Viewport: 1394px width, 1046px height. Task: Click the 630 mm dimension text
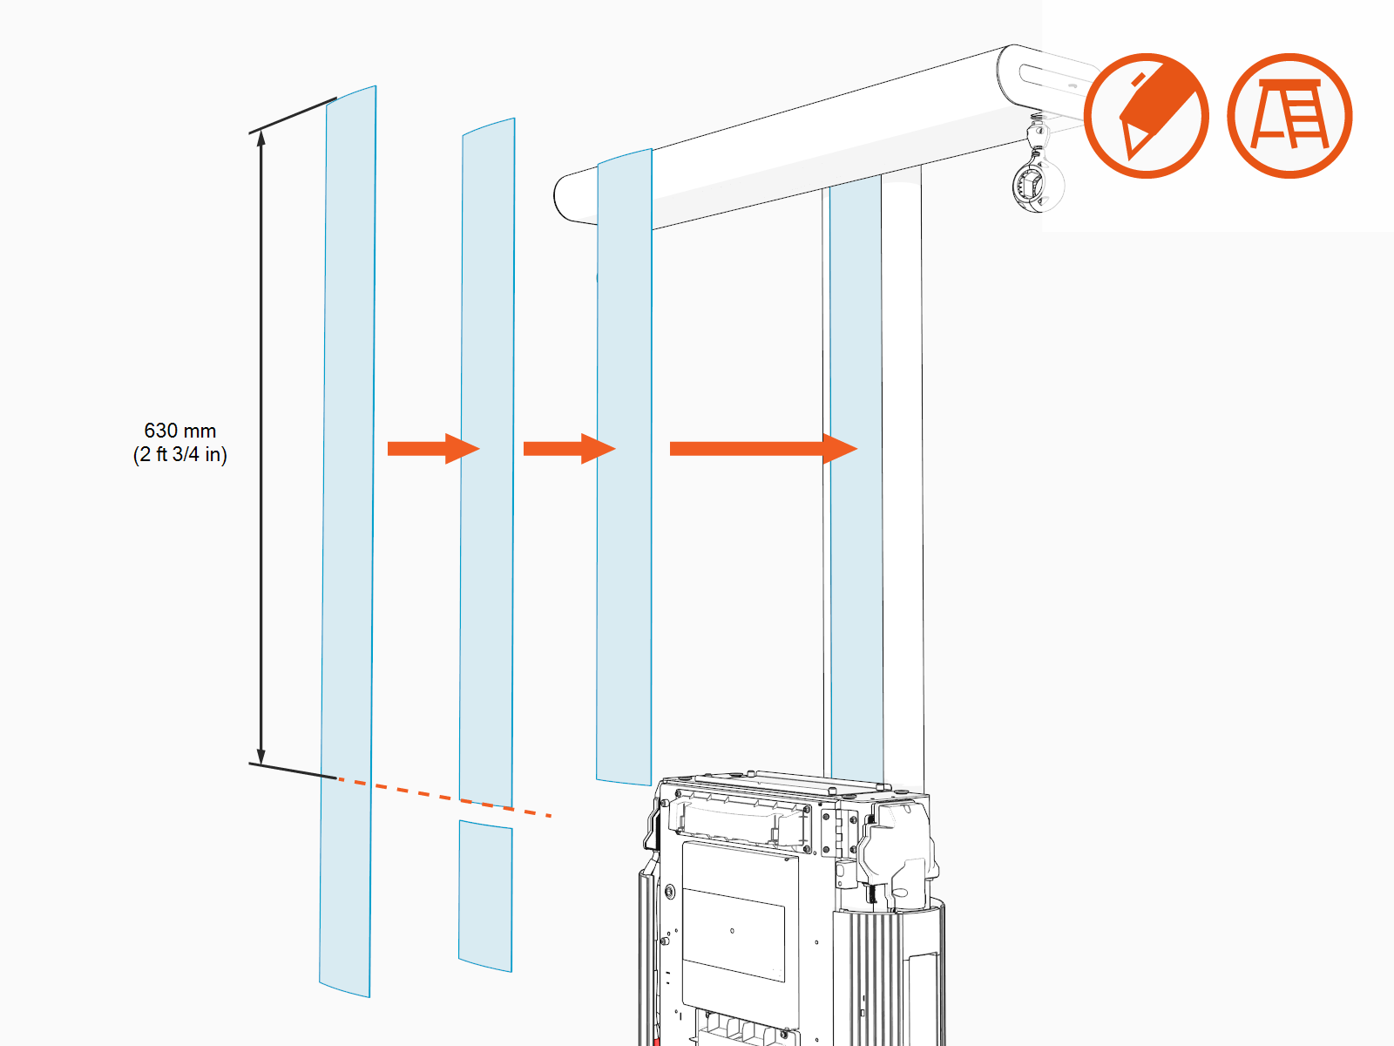click(179, 431)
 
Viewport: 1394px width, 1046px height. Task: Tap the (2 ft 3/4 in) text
click(179, 454)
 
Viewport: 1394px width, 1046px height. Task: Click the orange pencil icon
click(1147, 116)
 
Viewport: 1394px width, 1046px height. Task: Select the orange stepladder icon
click(1289, 116)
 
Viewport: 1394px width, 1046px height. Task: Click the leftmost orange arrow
click(432, 449)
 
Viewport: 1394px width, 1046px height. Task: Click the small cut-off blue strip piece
click(485, 896)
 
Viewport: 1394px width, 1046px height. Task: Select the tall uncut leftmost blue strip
click(348, 540)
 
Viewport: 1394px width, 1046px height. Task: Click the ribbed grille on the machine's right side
click(871, 976)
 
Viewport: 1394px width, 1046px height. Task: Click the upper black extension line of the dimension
click(293, 116)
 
